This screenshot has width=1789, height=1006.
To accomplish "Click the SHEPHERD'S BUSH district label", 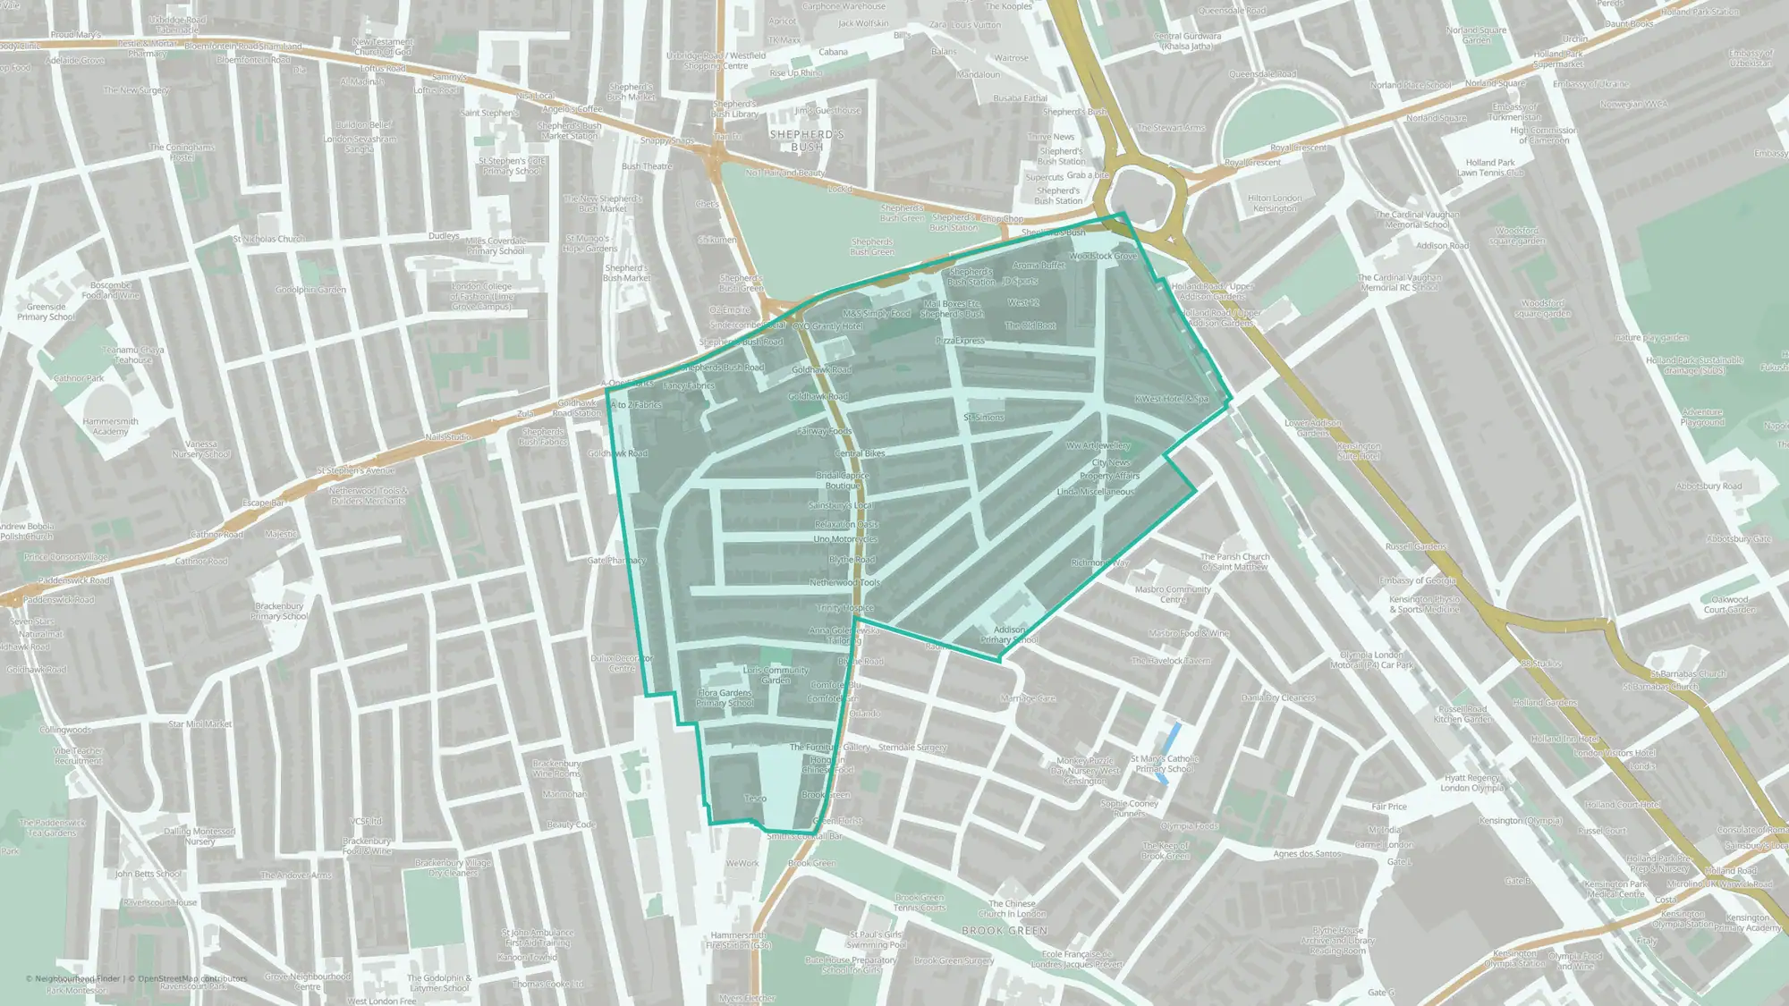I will pyautogui.click(x=807, y=140).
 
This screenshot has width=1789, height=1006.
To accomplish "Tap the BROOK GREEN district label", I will pyautogui.click(x=1004, y=931).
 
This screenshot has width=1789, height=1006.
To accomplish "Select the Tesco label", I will pyautogui.click(x=755, y=799).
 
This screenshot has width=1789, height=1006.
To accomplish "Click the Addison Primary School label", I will pyautogui.click(x=1009, y=635).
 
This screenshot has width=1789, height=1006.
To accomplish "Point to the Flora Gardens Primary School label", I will pyautogui.click(x=725, y=698).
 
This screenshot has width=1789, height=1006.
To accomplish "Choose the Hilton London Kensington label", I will pyautogui.click(x=1275, y=203).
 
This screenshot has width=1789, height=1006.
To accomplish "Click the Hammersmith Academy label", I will pyautogui.click(x=110, y=427).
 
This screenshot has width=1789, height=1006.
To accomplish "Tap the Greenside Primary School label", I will pyautogui.click(x=46, y=312).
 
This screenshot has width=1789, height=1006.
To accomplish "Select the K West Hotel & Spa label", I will pyautogui.click(x=1171, y=399).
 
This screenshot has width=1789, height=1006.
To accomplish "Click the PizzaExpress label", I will pyautogui.click(x=960, y=341).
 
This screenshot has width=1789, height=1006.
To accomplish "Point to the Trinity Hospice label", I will pyautogui.click(x=844, y=608).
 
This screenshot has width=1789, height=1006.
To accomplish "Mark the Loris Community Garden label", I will pyautogui.click(x=776, y=675).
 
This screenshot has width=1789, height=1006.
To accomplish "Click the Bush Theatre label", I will pyautogui.click(x=646, y=166).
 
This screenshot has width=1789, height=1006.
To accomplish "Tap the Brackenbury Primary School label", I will pyautogui.click(x=279, y=611).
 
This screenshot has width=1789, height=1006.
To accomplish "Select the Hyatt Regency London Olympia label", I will pyautogui.click(x=1471, y=782).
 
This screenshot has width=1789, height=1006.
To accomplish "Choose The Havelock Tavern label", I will pyautogui.click(x=1170, y=661).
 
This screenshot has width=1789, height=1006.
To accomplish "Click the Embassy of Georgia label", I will pyautogui.click(x=1418, y=580).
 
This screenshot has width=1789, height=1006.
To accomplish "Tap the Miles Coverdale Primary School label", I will pyautogui.click(x=495, y=246).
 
